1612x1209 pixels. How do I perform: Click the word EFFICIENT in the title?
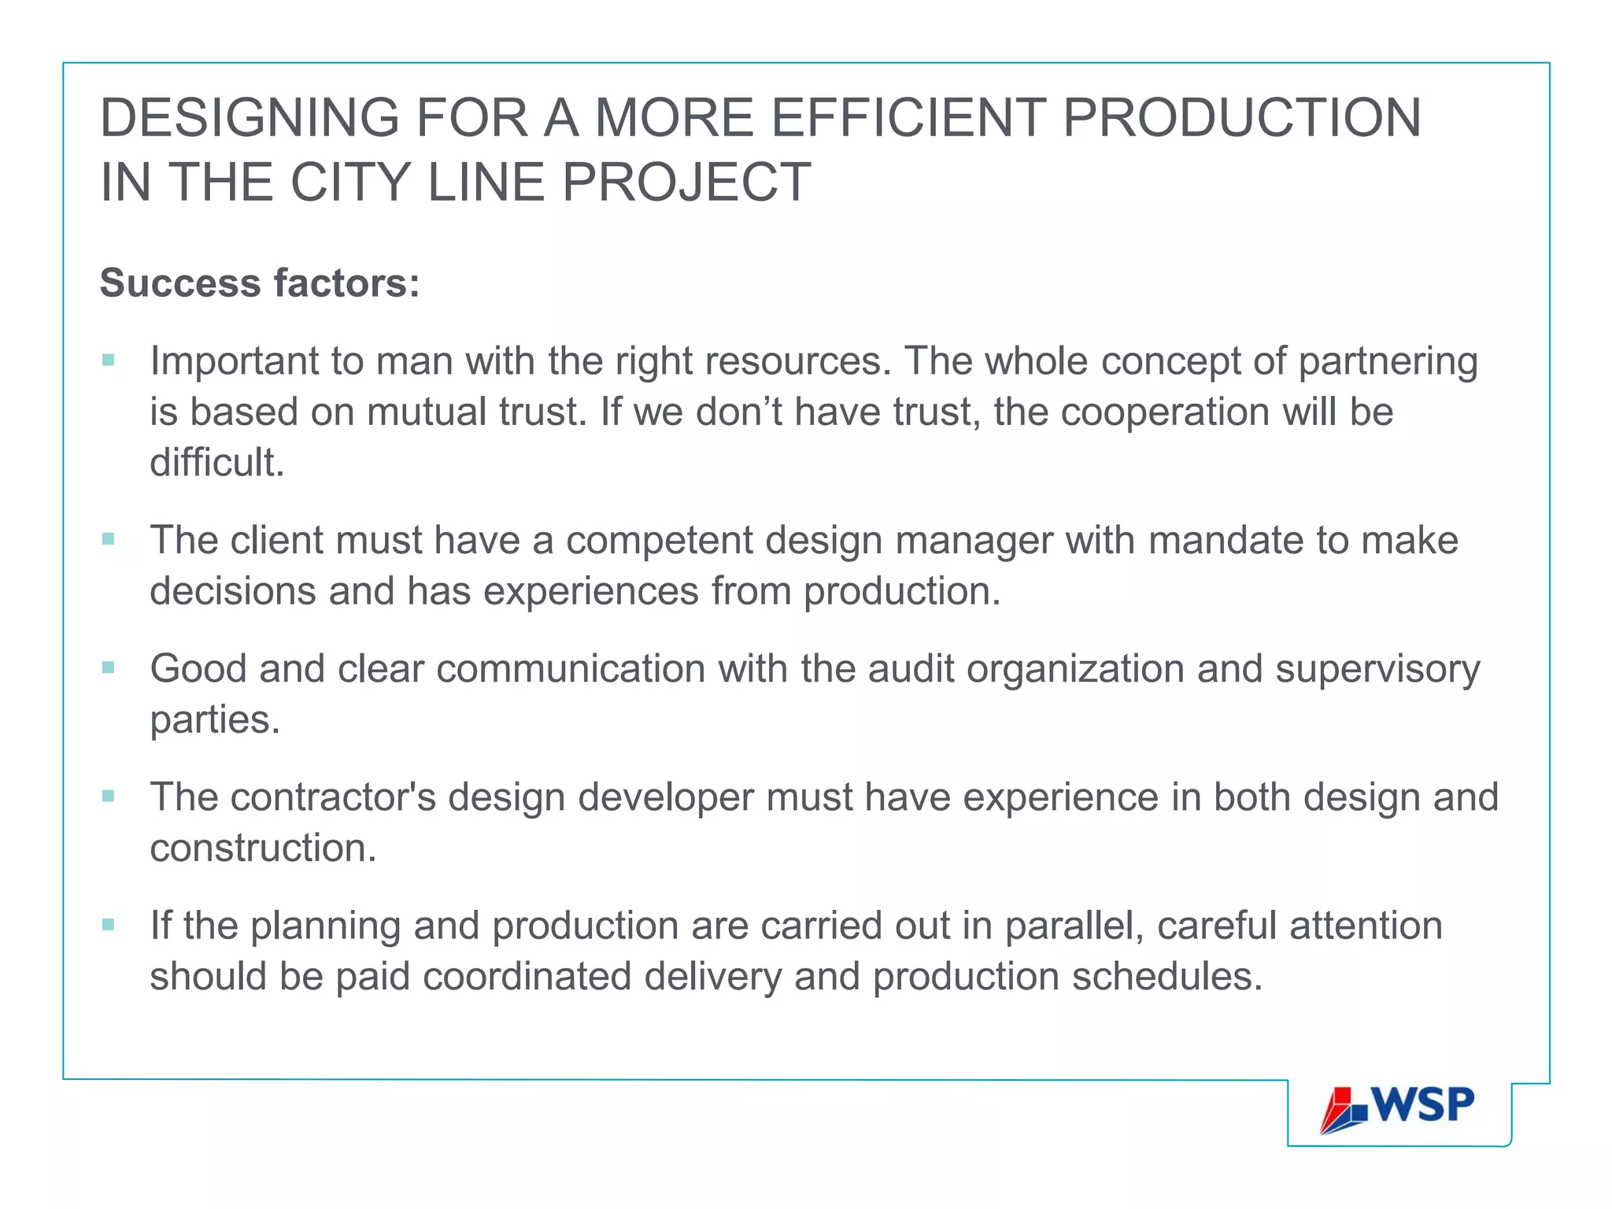point(908,118)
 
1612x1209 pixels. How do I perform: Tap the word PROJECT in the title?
point(686,183)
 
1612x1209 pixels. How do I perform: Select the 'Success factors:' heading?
point(260,283)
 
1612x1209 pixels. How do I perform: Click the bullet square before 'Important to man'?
point(109,360)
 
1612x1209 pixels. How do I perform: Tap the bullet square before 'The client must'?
point(109,539)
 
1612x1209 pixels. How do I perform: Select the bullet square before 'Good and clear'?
point(109,667)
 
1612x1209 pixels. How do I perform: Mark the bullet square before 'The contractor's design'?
point(109,796)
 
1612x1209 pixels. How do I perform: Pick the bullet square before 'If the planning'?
point(109,924)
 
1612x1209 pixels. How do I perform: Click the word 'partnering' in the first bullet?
point(1388,362)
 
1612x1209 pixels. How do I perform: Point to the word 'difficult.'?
point(216,462)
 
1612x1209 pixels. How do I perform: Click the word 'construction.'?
point(263,849)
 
